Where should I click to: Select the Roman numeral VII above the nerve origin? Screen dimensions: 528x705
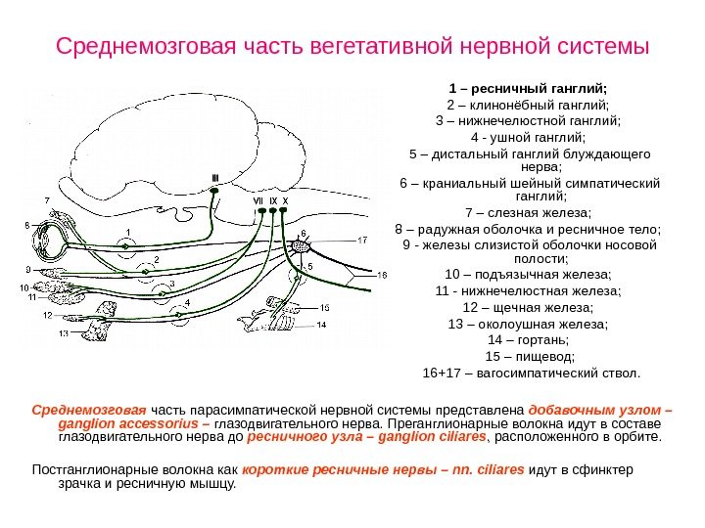[x=258, y=201]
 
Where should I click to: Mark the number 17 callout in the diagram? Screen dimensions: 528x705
[x=361, y=241]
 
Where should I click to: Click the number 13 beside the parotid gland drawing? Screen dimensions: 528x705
[x=63, y=333]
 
